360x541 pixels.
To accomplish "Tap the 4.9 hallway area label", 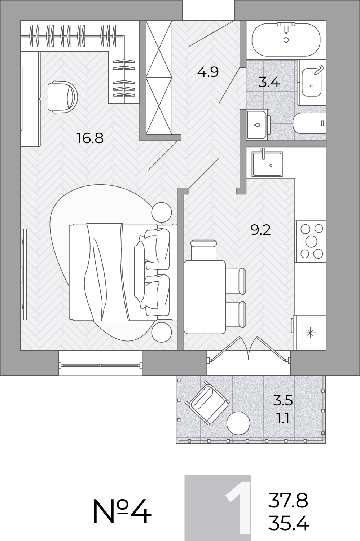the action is (208, 72).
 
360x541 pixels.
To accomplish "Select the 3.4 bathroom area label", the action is (269, 83).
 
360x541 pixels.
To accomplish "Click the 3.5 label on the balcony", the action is (283, 401).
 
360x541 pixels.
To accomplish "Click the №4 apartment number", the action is (122, 511).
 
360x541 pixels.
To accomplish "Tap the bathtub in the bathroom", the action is (286, 40).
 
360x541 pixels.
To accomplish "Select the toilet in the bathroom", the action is (309, 123).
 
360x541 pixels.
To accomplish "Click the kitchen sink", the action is (267, 164).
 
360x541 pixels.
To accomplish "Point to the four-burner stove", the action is (311, 241).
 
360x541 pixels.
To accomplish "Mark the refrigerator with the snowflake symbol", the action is (310, 333).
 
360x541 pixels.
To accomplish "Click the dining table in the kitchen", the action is (205, 297).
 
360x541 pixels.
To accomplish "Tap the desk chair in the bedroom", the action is (62, 97).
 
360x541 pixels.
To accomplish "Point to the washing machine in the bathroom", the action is (258, 125).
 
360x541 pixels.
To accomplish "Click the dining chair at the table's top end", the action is (203, 250).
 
